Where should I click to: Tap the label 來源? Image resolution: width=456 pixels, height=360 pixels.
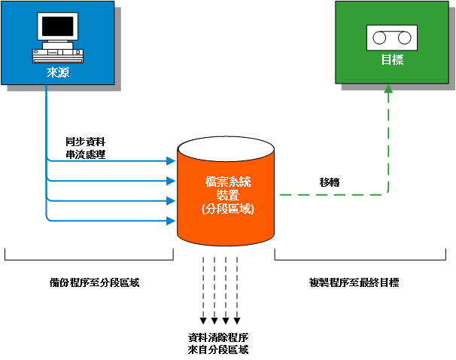click(57, 73)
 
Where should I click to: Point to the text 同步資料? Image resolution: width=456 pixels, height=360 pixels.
click(85, 142)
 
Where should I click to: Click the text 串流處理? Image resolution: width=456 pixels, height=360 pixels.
click(85, 154)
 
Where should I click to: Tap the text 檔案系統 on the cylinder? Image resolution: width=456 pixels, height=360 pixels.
click(228, 181)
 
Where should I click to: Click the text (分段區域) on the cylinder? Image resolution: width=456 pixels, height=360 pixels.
click(228, 209)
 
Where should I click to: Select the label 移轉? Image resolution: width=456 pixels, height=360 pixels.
click(330, 182)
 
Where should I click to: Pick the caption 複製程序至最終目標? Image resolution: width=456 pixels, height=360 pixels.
click(354, 283)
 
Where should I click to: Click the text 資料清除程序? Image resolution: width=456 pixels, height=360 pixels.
click(218, 337)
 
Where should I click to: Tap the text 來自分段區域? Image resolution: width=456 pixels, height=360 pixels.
click(218, 349)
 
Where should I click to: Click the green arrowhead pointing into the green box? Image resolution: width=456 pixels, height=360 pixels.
click(389, 90)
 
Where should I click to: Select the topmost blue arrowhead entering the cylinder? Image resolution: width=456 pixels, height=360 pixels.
click(171, 161)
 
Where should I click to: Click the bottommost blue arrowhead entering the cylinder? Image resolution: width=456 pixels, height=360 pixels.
click(171, 221)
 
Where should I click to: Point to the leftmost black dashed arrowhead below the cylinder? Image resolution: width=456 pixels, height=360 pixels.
click(203, 320)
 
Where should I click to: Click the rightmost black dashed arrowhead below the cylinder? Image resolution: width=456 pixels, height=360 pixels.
click(237, 320)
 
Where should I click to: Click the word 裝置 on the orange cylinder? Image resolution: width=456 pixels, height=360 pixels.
click(228, 195)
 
